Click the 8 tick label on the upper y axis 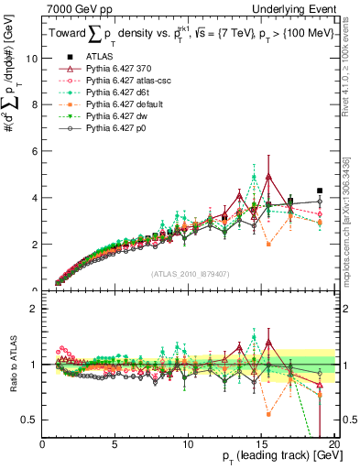[34, 104]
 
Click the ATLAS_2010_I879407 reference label [188, 274]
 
